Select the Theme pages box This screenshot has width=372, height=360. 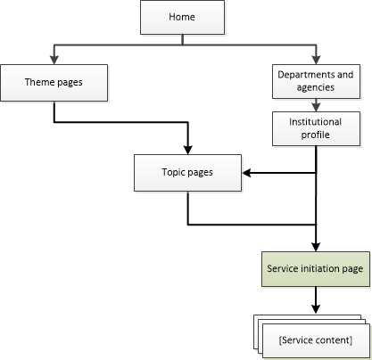(x=54, y=83)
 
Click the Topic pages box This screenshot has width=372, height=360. (x=187, y=171)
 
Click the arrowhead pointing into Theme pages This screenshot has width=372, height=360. (x=54, y=59)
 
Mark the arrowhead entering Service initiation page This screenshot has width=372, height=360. (x=317, y=245)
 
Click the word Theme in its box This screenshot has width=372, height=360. (x=39, y=83)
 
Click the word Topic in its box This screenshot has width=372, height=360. (x=174, y=171)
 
